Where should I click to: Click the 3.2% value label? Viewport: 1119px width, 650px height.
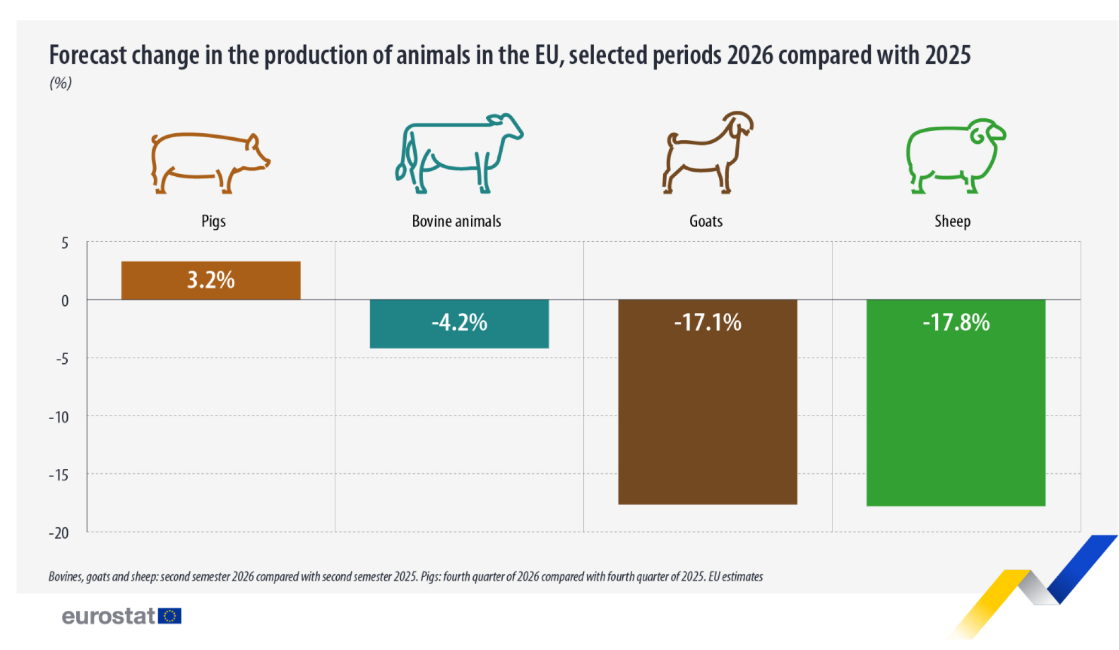coord(211,280)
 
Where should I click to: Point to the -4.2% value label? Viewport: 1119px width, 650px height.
coord(459,322)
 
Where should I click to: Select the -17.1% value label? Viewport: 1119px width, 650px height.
coord(708,322)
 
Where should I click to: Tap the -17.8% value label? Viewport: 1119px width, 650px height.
coord(956,322)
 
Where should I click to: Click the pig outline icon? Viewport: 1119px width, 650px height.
coord(210,162)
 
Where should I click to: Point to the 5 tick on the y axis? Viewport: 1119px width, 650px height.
coord(64,243)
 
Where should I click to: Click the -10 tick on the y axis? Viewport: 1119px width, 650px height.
coord(60,417)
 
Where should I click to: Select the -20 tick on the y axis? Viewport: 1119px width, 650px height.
coord(59,533)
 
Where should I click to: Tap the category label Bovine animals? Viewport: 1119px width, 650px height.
coord(456,221)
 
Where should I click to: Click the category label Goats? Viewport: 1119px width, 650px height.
coord(706,221)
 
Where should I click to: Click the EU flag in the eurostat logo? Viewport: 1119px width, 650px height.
coord(169,615)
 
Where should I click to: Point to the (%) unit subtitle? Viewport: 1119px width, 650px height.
coord(61,83)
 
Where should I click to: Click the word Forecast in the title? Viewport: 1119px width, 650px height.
coord(88,55)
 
